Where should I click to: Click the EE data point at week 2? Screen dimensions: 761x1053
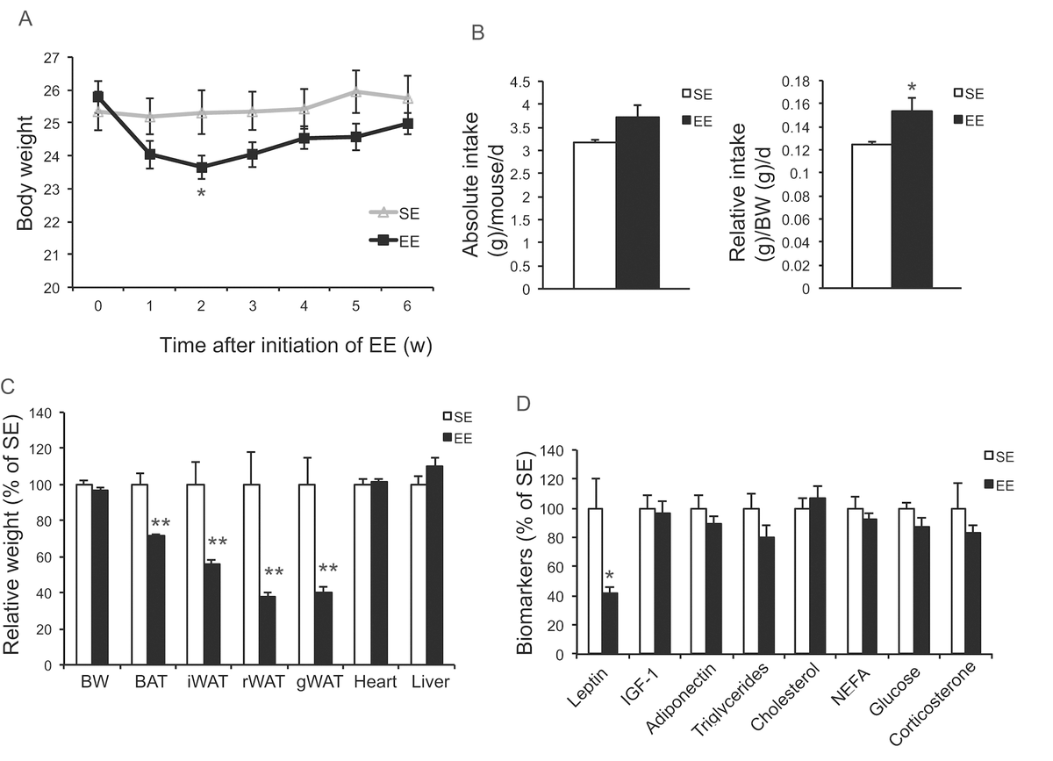click(202, 167)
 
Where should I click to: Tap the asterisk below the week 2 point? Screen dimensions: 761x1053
click(202, 192)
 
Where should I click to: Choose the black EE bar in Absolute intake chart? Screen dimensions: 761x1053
click(636, 202)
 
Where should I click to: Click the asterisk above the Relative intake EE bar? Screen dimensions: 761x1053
click(913, 88)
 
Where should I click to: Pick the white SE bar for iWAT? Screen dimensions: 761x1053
click(195, 574)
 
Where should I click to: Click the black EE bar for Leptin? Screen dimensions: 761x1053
click(609, 623)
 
